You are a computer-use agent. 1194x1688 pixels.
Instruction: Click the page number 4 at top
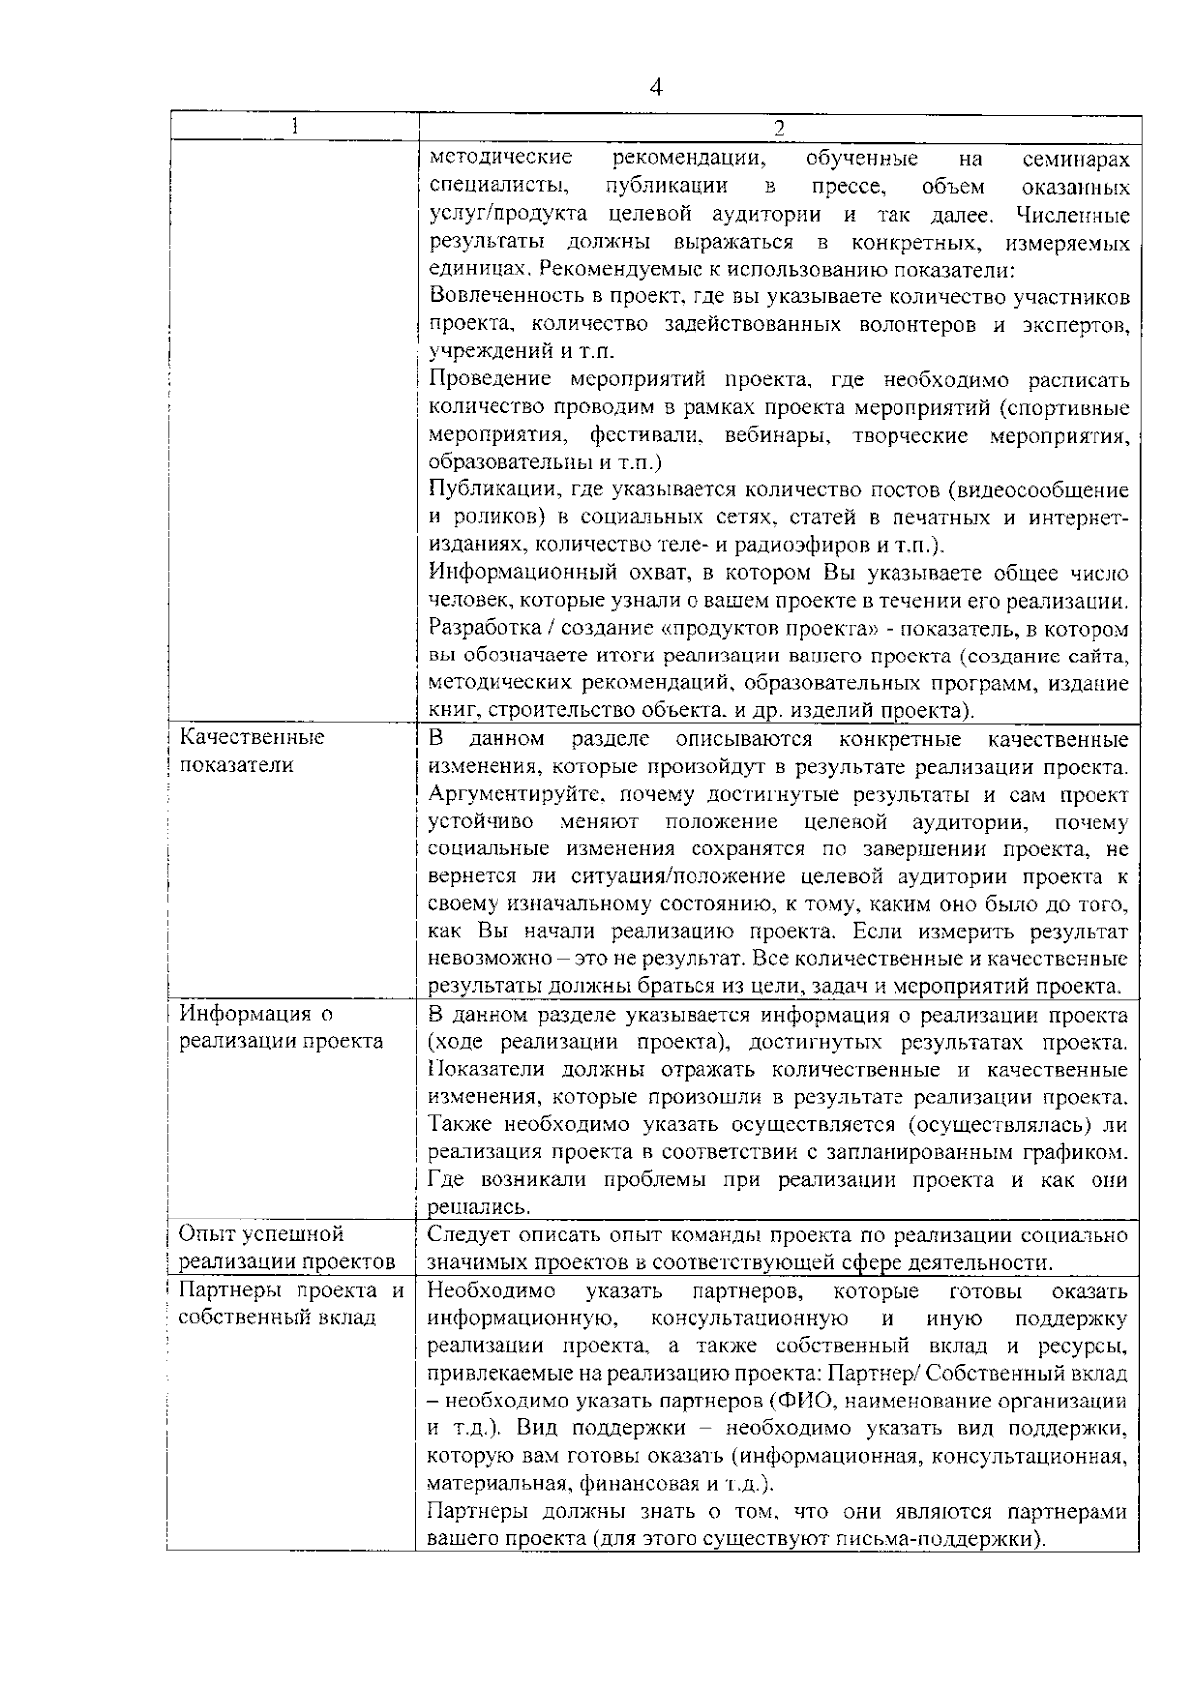click(655, 88)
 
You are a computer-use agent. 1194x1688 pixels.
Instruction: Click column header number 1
click(293, 126)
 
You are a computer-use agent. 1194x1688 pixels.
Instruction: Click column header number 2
click(778, 127)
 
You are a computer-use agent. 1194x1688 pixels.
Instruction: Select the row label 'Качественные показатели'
click(252, 752)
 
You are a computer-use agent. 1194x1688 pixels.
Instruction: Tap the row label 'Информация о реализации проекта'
click(281, 1028)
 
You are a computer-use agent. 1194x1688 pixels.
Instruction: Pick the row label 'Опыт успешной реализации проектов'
click(287, 1248)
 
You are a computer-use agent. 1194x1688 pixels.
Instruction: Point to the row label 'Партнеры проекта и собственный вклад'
click(291, 1304)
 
